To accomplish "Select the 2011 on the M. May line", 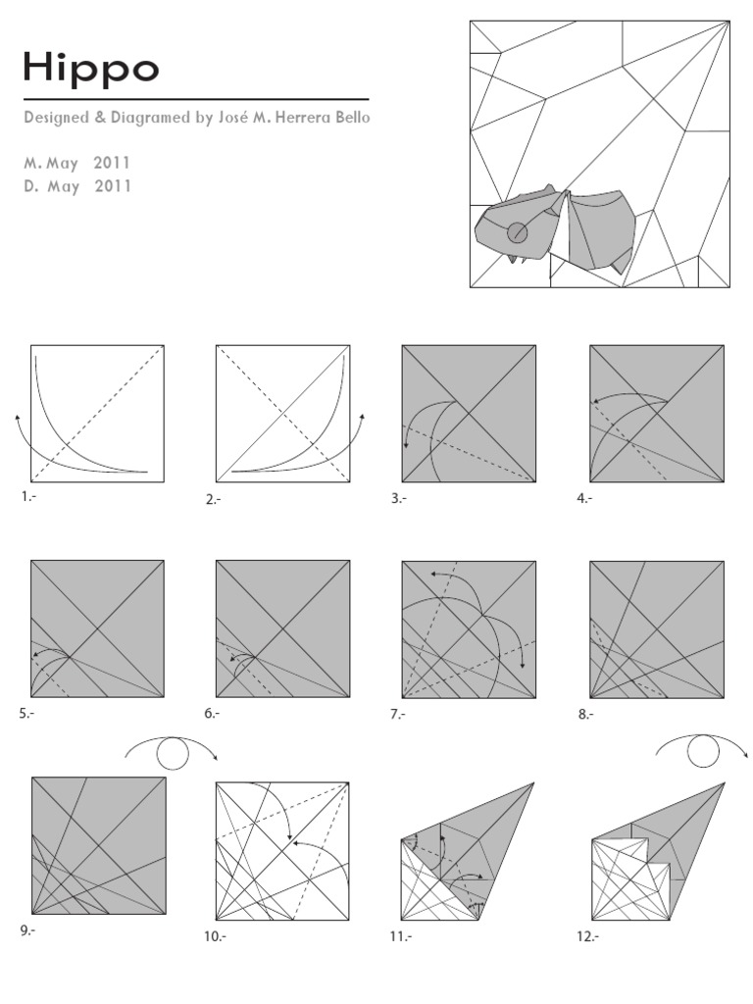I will [x=112, y=163].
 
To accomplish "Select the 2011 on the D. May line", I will [x=112, y=185].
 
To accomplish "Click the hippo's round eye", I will [x=517, y=232].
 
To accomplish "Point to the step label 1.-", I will [x=27, y=498].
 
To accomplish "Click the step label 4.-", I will [x=584, y=498].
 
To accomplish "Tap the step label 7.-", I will [x=397, y=715].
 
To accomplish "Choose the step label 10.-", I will [x=215, y=936].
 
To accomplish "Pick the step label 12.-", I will [x=587, y=936].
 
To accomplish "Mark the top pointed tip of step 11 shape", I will [x=534, y=783].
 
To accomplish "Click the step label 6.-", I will [x=212, y=715].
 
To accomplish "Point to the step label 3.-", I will [x=397, y=498].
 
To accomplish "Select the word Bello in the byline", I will [x=350, y=118].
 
